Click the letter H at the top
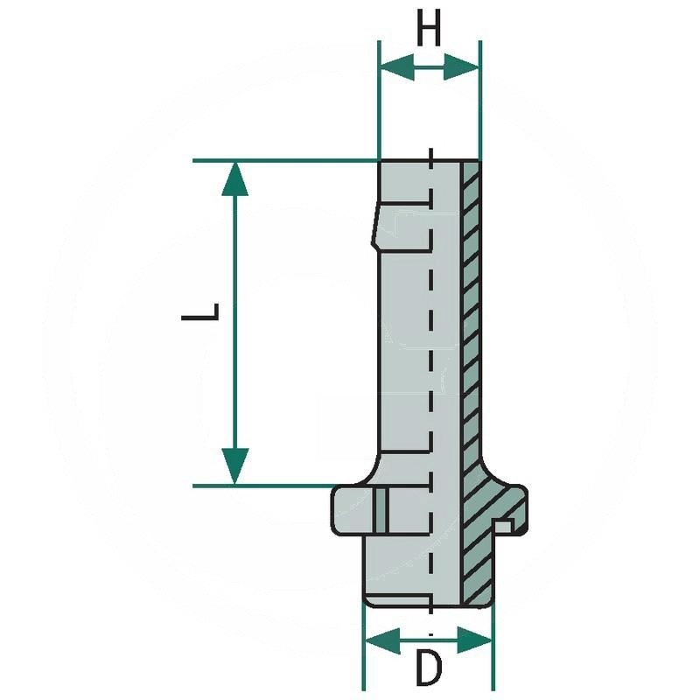pyautogui.click(x=428, y=32)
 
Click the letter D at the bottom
pyautogui.click(x=428, y=669)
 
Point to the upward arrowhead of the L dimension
pyautogui.click(x=235, y=178)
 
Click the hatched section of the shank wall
pyautogui.click(x=471, y=324)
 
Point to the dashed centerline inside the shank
pyautogui.click(x=430, y=350)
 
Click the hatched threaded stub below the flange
pyautogui.click(x=477, y=569)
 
